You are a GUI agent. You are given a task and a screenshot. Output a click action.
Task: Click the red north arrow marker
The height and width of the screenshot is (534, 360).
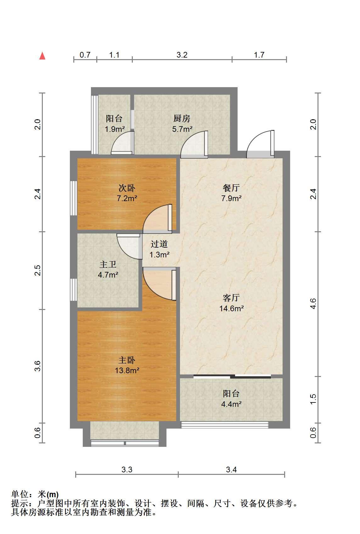[42, 56]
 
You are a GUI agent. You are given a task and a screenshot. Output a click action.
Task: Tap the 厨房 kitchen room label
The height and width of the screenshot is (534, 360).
[182, 118]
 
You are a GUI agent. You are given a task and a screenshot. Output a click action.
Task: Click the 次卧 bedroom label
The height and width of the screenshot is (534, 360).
[127, 188]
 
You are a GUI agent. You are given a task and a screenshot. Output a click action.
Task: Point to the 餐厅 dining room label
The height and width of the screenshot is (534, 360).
[231, 188]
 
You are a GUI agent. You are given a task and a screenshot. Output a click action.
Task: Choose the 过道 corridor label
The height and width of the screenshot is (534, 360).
[159, 244]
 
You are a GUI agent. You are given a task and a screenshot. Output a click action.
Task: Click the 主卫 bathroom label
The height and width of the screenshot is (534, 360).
[108, 264]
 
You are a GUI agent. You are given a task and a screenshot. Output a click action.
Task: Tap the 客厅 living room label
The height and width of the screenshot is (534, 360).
[231, 298]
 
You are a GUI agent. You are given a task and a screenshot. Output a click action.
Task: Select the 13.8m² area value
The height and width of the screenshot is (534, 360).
[127, 370]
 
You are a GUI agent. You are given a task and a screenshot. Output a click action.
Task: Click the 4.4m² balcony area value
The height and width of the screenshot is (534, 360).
[231, 404]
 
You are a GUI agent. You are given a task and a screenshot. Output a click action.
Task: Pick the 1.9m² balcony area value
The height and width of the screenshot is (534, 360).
[115, 129]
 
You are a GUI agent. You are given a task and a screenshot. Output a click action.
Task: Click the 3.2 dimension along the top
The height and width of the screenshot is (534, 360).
[182, 55]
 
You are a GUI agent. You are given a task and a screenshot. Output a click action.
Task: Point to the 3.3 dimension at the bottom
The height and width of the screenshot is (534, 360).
[127, 469]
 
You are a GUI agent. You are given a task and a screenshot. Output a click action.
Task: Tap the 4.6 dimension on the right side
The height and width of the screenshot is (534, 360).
[313, 303]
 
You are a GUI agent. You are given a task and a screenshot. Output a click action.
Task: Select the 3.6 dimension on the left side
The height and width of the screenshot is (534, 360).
[38, 366]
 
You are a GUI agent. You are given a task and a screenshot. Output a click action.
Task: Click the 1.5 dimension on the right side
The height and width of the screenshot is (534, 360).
[313, 399]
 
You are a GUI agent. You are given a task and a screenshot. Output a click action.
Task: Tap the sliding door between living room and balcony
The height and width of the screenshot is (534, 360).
[232, 377]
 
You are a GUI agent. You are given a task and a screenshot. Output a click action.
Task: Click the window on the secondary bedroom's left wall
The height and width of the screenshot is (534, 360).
[74, 198]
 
